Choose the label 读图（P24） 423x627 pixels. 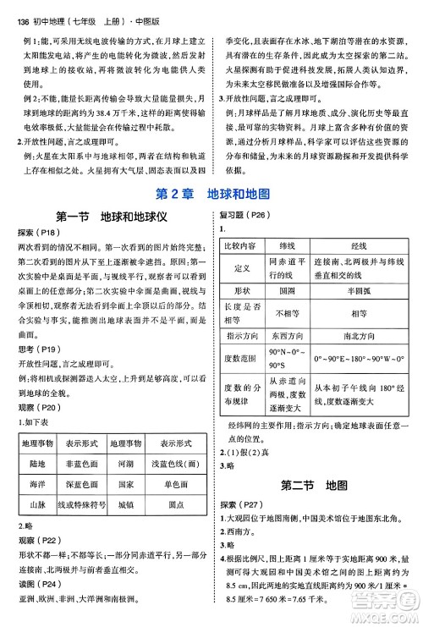[x=36, y=583]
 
